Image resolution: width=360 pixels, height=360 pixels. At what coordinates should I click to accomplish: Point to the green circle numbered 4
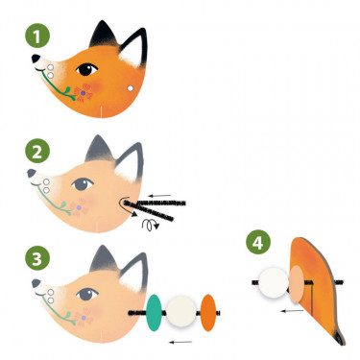254,243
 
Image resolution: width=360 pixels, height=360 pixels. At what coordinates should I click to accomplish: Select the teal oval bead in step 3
154,310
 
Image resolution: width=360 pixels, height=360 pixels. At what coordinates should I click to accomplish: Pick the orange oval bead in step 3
208,310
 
